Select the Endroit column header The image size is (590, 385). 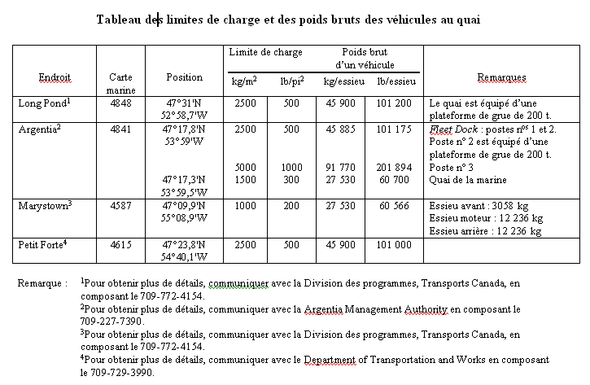pos(55,77)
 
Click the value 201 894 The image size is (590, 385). pos(395,168)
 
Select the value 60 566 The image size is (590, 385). pos(395,206)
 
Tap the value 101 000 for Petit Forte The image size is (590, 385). pos(395,245)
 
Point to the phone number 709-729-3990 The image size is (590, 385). pos(125,371)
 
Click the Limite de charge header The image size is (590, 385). pos(265,52)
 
